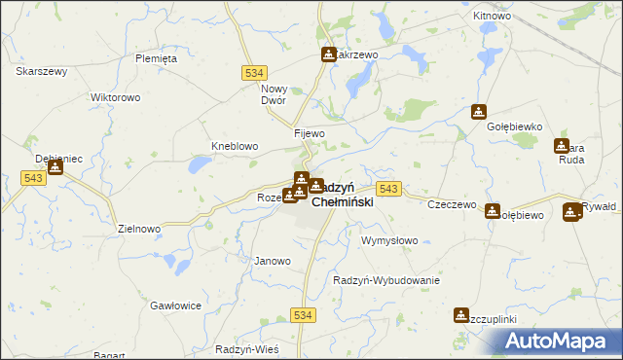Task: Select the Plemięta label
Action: [x=156, y=58]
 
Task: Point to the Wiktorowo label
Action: [x=116, y=98]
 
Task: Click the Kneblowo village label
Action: [x=235, y=146]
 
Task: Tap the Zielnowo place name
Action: [x=138, y=229]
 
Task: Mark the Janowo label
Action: [x=273, y=261]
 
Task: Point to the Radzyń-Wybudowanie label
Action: [x=386, y=280]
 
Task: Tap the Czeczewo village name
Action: [x=452, y=204]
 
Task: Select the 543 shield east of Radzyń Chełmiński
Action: [x=388, y=188]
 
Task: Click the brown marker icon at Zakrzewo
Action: [x=328, y=54]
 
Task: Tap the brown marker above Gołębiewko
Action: [x=478, y=112]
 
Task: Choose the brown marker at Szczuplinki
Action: [x=460, y=315]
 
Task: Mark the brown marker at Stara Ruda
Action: [x=562, y=146]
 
